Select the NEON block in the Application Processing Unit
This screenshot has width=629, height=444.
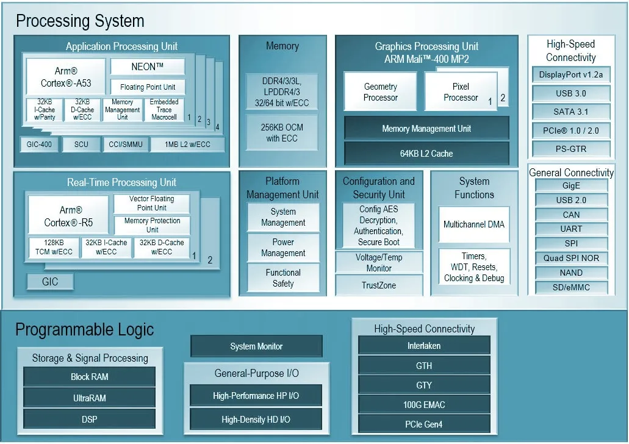pyautogui.click(x=147, y=66)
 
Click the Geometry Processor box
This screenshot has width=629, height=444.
pyautogui.click(x=380, y=92)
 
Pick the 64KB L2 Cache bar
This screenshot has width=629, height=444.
pyautogui.click(x=426, y=153)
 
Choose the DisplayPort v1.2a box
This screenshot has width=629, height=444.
pyautogui.click(x=571, y=75)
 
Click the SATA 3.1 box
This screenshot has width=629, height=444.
pyautogui.click(x=571, y=112)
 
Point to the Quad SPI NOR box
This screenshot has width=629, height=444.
pyautogui.click(x=571, y=258)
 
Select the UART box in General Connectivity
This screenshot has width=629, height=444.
pyautogui.click(x=571, y=229)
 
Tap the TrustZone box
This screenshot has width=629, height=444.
pyautogui.click(x=379, y=285)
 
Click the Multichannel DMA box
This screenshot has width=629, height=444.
pyautogui.click(x=474, y=224)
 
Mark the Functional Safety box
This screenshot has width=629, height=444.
pyautogui.click(x=283, y=278)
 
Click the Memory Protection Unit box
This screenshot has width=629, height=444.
pyautogui.click(x=152, y=225)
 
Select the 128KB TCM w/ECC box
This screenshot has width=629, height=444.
pyautogui.click(x=53, y=247)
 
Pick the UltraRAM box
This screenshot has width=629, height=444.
pyautogui.click(x=89, y=398)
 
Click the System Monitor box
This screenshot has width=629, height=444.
pyautogui.click(x=256, y=346)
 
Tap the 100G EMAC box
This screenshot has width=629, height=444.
pyautogui.click(x=424, y=404)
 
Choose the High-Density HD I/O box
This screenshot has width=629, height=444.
pyautogui.click(x=256, y=420)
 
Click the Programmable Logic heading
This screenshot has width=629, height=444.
pyautogui.click(x=85, y=330)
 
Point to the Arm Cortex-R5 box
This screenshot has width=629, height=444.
pyautogui.click(x=68, y=216)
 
